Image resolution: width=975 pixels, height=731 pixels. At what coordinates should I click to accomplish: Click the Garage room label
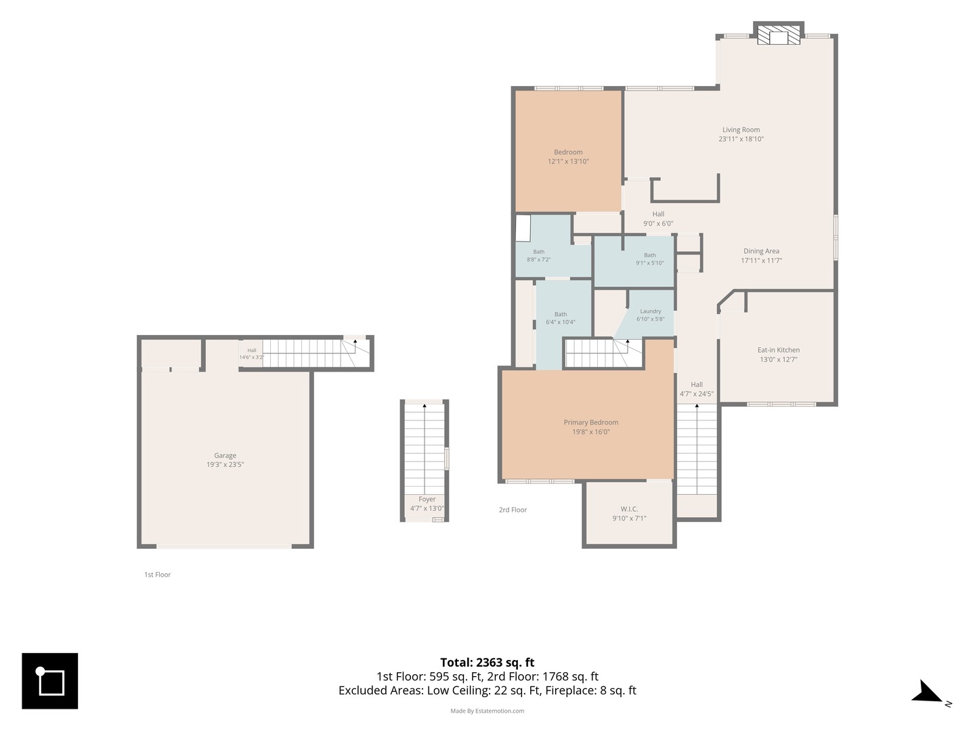pos(225,455)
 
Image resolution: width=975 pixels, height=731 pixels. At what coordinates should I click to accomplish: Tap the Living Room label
pos(741,129)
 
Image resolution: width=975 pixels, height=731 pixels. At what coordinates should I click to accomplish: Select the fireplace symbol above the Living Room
pos(778,35)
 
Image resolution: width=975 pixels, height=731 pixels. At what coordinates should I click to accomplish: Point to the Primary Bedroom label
pos(590,422)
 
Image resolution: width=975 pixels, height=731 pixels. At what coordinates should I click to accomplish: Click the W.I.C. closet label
pos(629,508)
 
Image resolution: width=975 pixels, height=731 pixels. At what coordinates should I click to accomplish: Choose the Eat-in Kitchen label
pos(778,350)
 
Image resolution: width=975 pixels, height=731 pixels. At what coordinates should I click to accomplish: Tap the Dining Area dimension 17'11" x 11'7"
pos(761,261)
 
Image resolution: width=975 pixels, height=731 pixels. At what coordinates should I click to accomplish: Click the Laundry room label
pos(650,311)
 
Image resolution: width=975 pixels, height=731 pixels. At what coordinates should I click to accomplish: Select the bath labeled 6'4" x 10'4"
pos(560,318)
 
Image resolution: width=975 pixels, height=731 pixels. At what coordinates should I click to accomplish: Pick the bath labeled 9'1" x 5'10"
pos(649,259)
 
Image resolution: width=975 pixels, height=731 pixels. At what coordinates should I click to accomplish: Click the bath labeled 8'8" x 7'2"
pos(538,256)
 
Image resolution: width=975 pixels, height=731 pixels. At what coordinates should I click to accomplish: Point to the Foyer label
pos(427,499)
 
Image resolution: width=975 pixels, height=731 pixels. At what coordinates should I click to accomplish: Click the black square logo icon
pos(49,680)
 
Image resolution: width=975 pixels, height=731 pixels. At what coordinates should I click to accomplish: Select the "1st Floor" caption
pos(157,575)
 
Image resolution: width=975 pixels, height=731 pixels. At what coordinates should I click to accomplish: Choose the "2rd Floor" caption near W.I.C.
pos(513,510)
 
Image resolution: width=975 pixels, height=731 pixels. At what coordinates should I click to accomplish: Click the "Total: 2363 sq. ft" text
pos(487,662)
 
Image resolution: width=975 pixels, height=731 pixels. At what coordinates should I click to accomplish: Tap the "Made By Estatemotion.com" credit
pos(487,711)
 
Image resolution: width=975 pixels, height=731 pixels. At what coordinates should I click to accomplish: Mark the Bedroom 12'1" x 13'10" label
pos(568,156)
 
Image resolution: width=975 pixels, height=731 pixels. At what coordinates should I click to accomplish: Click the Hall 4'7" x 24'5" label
pos(697,389)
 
